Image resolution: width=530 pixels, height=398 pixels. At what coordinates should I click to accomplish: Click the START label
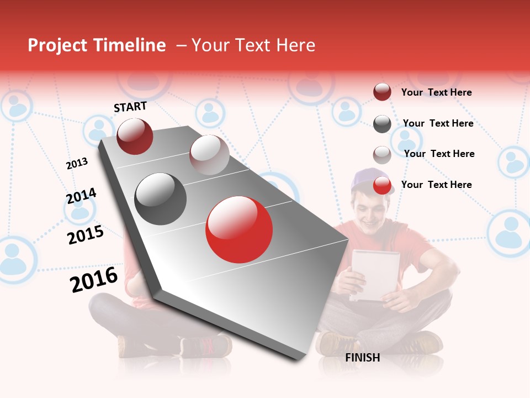click(x=130, y=107)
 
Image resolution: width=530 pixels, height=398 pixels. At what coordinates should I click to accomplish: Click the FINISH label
click(x=362, y=358)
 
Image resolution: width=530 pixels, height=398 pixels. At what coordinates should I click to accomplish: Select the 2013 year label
click(x=77, y=163)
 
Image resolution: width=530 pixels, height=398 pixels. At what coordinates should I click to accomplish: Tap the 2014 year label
click(x=81, y=196)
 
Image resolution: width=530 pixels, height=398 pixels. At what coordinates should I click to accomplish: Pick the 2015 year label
click(x=86, y=235)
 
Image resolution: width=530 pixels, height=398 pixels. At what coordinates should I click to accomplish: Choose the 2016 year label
click(x=94, y=280)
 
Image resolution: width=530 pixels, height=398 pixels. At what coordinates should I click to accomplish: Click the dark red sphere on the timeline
click(x=135, y=136)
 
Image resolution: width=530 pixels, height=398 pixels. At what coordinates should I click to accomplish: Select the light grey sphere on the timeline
click(x=209, y=154)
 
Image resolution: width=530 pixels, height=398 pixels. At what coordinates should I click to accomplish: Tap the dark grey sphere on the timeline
click(x=161, y=198)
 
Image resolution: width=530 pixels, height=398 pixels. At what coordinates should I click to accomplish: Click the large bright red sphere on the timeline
click(x=239, y=229)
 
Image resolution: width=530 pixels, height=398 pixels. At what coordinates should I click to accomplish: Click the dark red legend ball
click(x=382, y=92)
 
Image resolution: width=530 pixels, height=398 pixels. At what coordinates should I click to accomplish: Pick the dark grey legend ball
click(x=382, y=124)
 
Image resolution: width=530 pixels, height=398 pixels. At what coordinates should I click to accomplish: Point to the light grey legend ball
click(x=382, y=155)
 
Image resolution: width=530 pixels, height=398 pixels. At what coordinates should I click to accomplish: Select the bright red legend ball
click(x=382, y=185)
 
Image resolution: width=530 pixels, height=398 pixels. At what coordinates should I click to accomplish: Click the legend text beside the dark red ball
click(x=436, y=92)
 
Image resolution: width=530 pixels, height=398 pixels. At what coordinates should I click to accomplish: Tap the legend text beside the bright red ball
click(x=436, y=185)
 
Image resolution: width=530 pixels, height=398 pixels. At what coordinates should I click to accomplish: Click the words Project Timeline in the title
click(x=97, y=45)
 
